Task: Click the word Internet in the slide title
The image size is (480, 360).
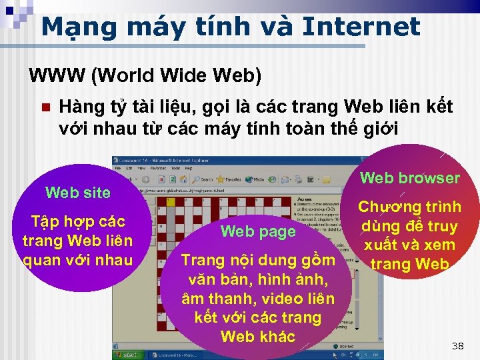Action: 361,27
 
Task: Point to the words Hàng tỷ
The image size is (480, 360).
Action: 83,107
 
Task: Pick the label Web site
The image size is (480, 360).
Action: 78,193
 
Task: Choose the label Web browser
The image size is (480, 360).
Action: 409,178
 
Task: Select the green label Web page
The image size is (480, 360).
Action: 257,231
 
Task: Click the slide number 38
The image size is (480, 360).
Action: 457,346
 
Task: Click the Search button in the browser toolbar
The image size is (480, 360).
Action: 203,179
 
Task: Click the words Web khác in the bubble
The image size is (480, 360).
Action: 257,336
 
